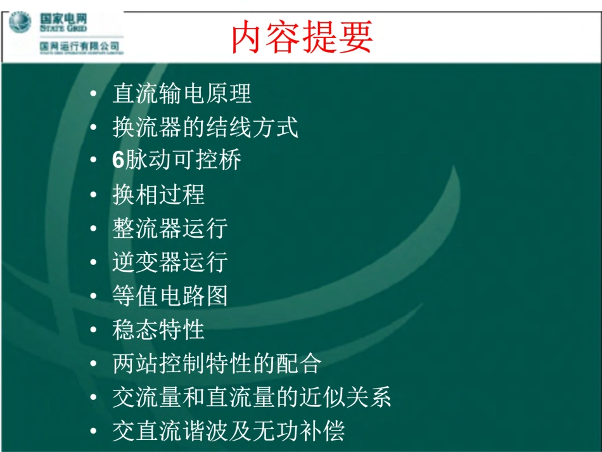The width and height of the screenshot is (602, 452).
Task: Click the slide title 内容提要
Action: coord(302,37)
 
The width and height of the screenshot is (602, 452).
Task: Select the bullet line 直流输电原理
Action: coord(182,94)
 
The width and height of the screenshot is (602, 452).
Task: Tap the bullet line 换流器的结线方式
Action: coord(205,127)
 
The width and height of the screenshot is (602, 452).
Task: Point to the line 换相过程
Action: coord(158,195)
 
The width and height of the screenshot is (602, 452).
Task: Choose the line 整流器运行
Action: coord(170,228)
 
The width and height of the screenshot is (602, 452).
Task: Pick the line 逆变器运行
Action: coord(170,262)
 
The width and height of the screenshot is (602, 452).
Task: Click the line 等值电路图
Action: coord(170,296)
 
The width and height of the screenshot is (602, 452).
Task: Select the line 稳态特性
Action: coord(158,330)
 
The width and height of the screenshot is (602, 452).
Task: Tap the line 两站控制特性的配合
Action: coord(217,363)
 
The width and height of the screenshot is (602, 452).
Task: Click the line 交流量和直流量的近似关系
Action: coord(252,397)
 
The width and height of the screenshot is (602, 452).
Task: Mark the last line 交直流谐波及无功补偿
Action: coord(228,432)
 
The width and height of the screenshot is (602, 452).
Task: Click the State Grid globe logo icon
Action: coord(20,23)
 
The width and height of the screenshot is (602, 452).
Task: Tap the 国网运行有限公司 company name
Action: coord(80,47)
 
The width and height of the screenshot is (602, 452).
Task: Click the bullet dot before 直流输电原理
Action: coord(94,94)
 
